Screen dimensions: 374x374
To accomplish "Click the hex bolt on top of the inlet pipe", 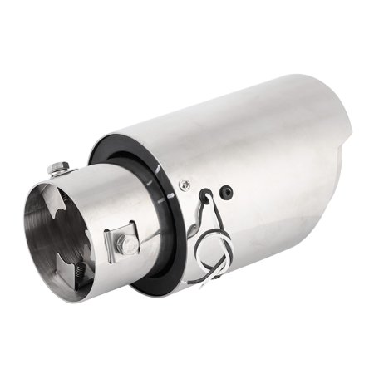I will tap(59, 167).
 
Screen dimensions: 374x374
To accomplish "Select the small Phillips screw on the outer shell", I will tap(185, 184).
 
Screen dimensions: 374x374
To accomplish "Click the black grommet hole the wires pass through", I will tap(206, 196).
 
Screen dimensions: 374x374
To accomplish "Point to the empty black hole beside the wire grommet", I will tap(226, 193).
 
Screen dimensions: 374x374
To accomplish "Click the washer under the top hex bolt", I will tap(60, 173).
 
